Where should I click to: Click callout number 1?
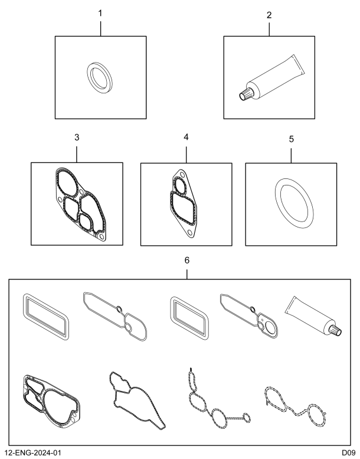tap(100, 14)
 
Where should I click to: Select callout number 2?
tap(269, 15)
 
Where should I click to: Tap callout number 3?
tap(77, 137)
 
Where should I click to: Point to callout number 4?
tap(186, 137)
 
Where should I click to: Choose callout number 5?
tap(292, 139)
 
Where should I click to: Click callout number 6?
tap(187, 261)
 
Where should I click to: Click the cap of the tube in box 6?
tap(336, 330)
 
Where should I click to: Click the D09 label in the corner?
tap(349, 453)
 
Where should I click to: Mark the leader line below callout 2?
tap(269, 29)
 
